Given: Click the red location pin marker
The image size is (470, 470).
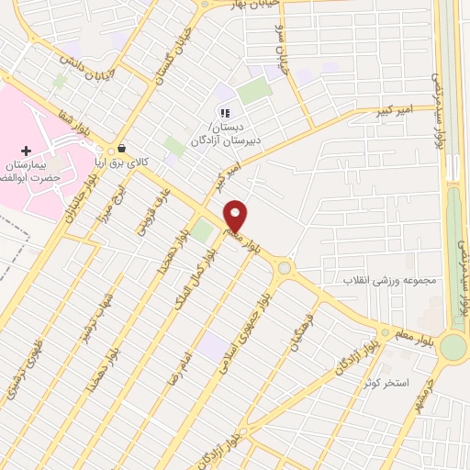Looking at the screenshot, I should pos(236,216).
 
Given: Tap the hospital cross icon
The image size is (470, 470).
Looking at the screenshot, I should pos(26,150).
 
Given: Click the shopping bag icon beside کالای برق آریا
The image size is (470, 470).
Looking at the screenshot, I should pos(120,148).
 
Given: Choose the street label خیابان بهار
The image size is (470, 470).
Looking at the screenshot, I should pos(237,5).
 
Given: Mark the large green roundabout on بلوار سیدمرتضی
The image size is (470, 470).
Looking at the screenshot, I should pos(453,346).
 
